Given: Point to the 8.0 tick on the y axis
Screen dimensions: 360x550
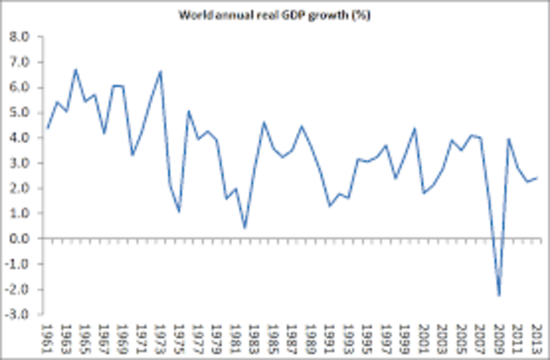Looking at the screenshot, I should click(19, 37).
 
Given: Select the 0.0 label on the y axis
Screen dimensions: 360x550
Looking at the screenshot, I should click(19, 238).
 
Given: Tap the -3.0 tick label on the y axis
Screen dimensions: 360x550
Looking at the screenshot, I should click(17, 314).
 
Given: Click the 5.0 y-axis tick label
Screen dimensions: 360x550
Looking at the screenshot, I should click(19, 113).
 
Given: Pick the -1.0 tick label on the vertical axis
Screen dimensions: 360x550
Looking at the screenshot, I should click(17, 264).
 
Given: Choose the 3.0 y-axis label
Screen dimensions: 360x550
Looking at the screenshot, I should click(19, 162).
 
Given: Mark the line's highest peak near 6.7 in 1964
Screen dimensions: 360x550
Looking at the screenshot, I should click(76, 70).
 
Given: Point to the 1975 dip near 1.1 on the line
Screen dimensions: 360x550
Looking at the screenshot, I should click(180, 211).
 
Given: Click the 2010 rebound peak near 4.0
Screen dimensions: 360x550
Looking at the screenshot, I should click(510, 139).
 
